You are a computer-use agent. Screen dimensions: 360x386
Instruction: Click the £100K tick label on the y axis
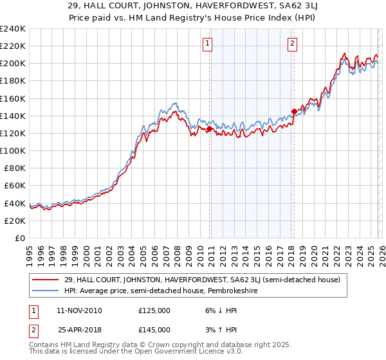click(13, 150)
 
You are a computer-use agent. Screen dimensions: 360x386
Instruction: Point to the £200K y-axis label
click(13, 64)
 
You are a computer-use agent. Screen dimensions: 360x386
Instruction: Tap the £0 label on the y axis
click(19, 238)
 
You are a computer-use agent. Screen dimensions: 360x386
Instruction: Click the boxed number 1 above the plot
click(208, 44)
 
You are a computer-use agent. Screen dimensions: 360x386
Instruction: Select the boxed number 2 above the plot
click(292, 44)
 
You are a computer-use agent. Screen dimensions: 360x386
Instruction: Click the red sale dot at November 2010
click(209, 129)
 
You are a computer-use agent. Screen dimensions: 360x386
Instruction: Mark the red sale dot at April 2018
click(294, 111)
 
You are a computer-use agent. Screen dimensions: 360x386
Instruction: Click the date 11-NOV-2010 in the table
click(80, 310)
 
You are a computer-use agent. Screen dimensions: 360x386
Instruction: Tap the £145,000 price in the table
click(154, 329)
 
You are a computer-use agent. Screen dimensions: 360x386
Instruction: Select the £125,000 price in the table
click(154, 310)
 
